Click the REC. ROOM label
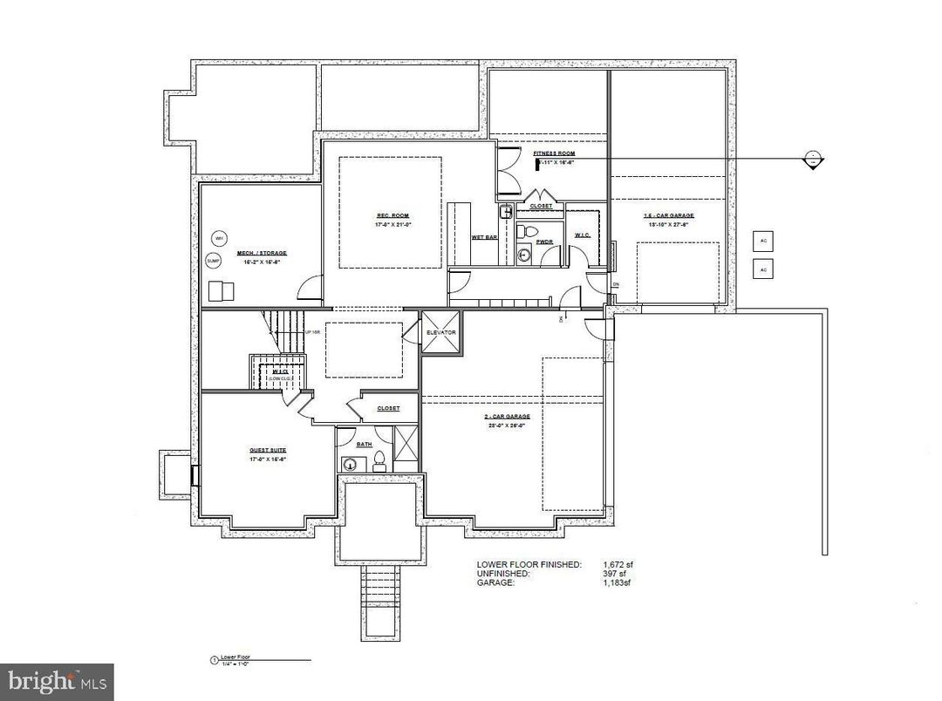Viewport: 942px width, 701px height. [392, 215]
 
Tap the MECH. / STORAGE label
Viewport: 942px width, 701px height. [262, 253]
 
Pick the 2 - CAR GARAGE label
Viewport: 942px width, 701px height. [509, 417]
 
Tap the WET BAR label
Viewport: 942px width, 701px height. [484, 237]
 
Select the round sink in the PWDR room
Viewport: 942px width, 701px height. [524, 255]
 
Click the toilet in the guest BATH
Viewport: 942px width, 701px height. [380, 465]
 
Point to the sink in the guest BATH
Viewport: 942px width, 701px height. [350, 464]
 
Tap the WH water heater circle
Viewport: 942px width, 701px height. [219, 238]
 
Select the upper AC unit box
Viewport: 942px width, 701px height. [763, 241]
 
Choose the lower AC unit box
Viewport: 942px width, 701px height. [763, 269]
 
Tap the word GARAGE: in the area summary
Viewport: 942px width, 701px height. [495, 583]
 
